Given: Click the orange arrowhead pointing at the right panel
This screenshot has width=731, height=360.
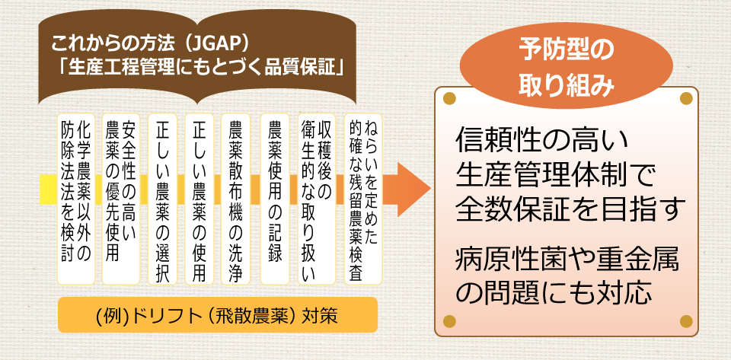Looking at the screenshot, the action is click(413, 190).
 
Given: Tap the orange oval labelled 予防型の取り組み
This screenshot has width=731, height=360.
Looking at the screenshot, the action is click(566, 64).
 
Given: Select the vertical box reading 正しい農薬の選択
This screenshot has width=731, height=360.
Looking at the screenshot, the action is click(162, 199).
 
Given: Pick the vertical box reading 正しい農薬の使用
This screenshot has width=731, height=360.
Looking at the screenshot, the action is click(200, 199).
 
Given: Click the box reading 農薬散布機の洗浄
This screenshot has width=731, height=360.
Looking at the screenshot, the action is click(236, 199).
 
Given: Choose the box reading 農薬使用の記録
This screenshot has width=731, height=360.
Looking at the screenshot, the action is click(275, 199).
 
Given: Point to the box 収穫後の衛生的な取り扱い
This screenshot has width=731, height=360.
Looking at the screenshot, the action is click(317, 199).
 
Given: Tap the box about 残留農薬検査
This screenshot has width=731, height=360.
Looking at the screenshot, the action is click(362, 199).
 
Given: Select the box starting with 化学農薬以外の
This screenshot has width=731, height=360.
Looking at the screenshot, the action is click(75, 199).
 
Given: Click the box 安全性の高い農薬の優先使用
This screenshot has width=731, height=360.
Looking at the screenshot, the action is click(121, 199).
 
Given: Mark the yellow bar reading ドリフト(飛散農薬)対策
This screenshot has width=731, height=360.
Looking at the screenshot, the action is click(217, 315).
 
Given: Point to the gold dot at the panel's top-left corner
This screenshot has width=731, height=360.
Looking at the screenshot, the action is click(449, 98).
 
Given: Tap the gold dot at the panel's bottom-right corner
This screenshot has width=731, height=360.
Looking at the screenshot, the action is click(686, 321).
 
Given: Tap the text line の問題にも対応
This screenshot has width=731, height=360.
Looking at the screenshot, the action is click(553, 292).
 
